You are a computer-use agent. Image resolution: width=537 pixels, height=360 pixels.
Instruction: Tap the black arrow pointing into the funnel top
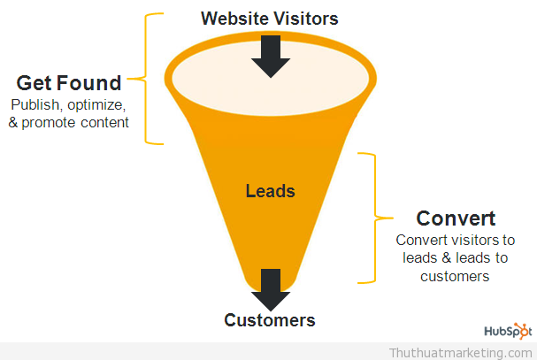[271, 57]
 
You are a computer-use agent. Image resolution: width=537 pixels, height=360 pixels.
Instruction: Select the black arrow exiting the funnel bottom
[271, 290]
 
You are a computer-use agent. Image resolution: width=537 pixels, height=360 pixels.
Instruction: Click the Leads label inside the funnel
[270, 191]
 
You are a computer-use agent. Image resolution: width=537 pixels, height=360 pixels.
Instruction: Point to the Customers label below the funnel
[270, 320]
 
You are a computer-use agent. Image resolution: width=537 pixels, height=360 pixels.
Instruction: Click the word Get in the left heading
[35, 83]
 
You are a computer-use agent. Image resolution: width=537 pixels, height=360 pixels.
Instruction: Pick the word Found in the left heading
[89, 83]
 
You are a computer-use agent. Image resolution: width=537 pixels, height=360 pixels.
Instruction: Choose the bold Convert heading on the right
[456, 218]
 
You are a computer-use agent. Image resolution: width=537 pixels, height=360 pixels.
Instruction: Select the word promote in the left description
[49, 123]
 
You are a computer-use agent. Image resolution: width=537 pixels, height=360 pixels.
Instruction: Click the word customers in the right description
[455, 277]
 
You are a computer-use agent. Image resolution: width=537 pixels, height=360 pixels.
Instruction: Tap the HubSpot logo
[508, 331]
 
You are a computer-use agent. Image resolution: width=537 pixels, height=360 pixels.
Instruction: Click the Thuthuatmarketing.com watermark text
[461, 353]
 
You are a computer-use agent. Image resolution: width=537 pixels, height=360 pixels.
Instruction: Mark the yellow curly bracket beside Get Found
[146, 79]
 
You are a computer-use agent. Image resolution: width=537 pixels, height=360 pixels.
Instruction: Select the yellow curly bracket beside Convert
[375, 218]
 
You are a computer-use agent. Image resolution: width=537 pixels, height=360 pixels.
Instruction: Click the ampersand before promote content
[13, 123]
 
